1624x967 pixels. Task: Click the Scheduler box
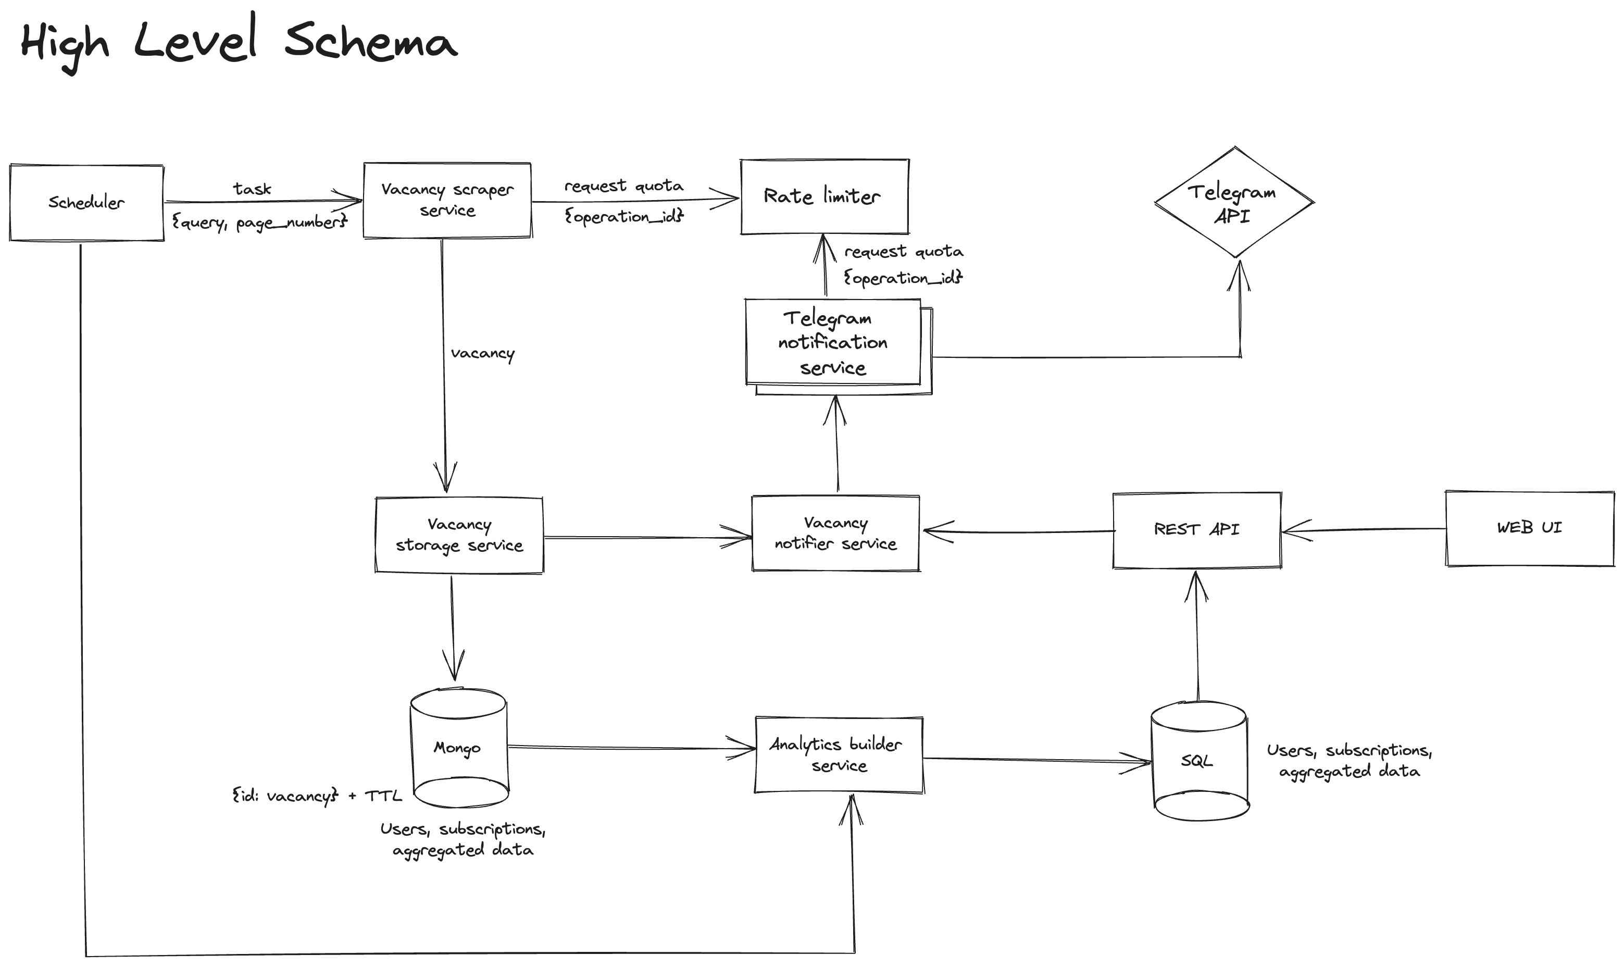point(86,203)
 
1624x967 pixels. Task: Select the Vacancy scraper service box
point(447,200)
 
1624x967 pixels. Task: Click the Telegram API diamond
point(1233,203)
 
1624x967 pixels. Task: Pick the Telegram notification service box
point(833,343)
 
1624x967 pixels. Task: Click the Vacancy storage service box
point(459,535)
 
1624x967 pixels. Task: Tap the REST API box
point(1197,530)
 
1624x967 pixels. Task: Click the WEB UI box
point(1529,528)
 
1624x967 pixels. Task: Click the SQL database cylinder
point(1198,761)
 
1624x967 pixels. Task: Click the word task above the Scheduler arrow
point(252,189)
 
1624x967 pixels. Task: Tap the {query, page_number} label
point(259,223)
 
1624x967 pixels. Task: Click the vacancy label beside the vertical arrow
point(483,354)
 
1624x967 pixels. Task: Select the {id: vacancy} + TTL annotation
point(317,796)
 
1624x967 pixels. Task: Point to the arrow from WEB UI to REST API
point(1361,530)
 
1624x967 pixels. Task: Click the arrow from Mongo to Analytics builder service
point(626,748)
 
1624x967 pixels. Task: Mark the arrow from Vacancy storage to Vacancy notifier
point(645,538)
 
